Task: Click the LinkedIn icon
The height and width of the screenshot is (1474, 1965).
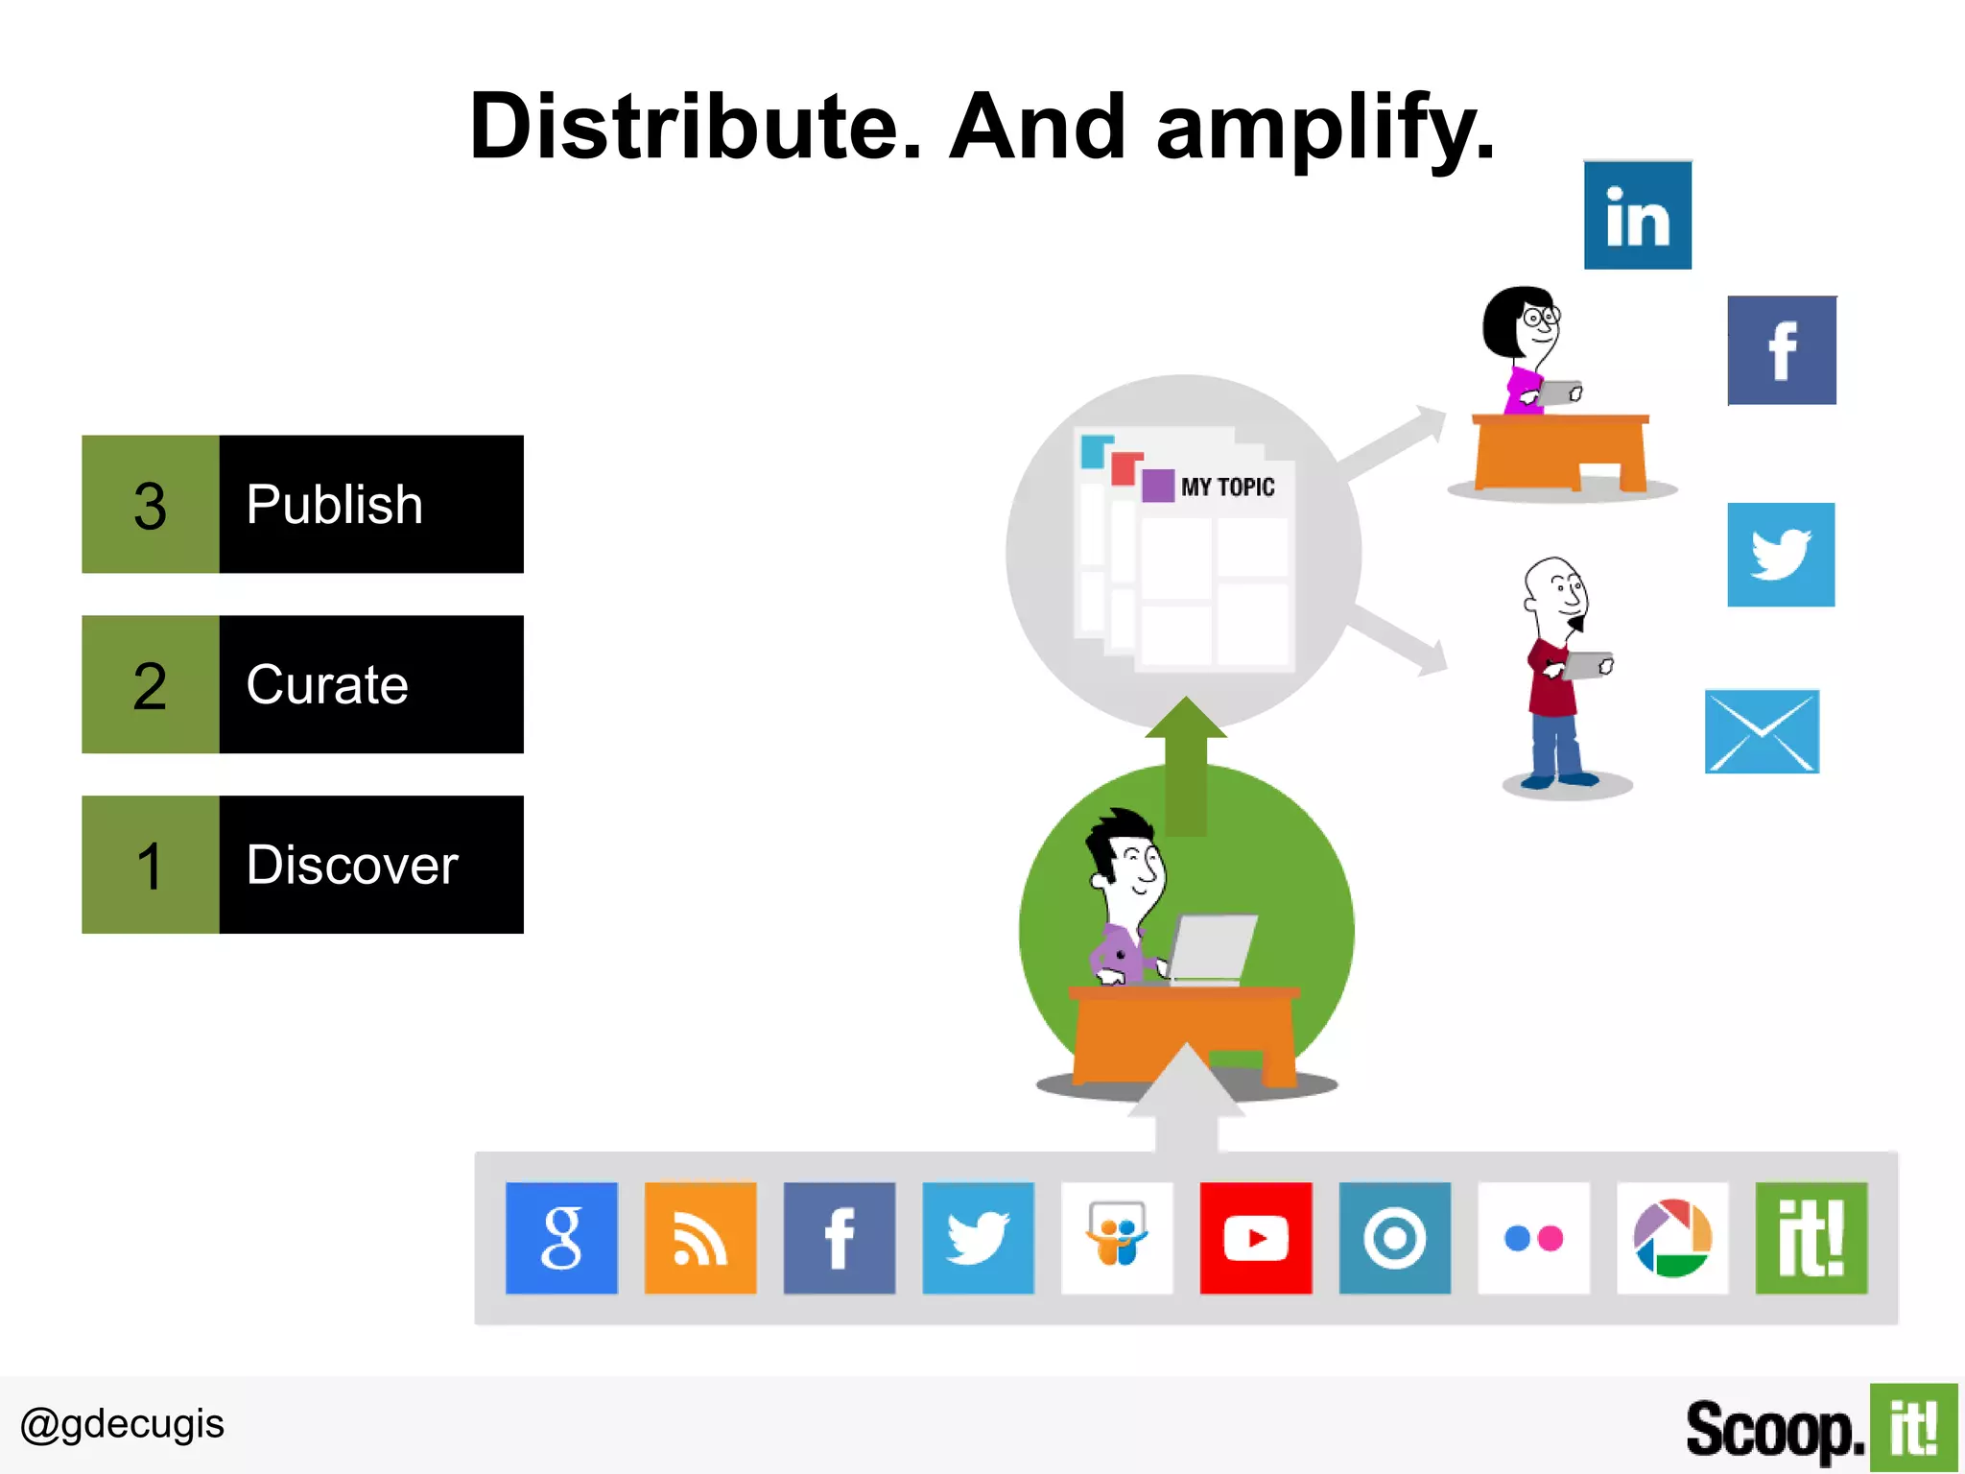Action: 1637,215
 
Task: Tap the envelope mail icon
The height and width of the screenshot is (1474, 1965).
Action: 1762,731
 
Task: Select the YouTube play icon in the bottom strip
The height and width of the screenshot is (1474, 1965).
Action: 1255,1238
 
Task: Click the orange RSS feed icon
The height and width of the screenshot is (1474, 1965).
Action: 700,1238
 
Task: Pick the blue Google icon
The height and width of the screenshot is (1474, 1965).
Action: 561,1238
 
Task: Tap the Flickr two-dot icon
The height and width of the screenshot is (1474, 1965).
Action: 1533,1238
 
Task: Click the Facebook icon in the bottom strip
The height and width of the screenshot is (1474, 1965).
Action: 840,1238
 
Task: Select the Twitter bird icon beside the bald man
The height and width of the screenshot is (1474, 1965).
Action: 1781,555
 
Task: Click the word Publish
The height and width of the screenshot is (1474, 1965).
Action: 334,505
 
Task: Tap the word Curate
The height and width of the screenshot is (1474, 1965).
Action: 327,685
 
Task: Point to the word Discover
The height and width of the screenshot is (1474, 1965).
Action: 352,865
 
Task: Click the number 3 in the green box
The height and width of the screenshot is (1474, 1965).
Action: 150,506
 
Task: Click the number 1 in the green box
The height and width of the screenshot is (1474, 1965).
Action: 150,866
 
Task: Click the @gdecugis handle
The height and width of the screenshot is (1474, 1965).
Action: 122,1424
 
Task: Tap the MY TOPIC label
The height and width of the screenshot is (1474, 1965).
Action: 1227,487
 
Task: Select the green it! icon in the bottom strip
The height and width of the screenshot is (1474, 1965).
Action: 1811,1238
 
